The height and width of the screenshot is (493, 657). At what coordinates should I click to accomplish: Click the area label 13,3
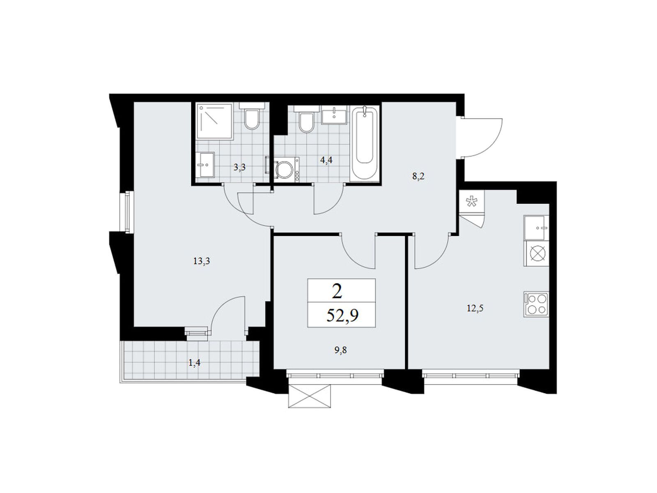click(202, 261)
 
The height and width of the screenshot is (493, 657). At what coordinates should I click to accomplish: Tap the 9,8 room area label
click(340, 350)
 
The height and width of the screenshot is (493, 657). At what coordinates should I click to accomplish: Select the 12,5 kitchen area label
click(475, 308)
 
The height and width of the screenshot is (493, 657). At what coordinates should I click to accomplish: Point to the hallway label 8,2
click(418, 177)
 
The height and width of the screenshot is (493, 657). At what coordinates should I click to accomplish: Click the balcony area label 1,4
click(194, 363)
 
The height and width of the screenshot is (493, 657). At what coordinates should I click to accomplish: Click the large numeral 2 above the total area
click(337, 292)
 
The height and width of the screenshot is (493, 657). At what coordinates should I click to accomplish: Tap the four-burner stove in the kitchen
click(536, 305)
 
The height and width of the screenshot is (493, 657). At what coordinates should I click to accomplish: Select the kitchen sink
click(536, 228)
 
